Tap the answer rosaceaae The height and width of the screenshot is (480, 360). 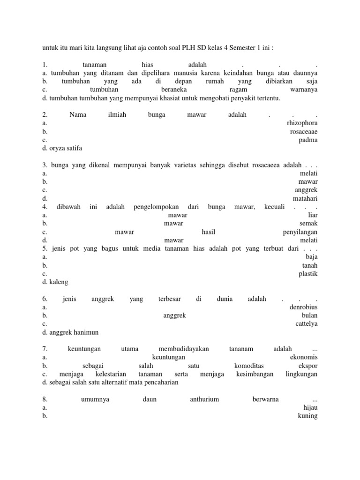pyautogui.click(x=304, y=132)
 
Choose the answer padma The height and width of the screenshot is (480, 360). pyautogui.click(x=308, y=140)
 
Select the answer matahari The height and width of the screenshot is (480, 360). pyautogui.click(x=305, y=198)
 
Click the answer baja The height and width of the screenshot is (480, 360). pyautogui.click(x=312, y=257)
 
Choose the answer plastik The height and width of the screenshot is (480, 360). pyautogui.click(x=308, y=274)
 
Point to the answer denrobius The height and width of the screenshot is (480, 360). pyautogui.click(x=304, y=307)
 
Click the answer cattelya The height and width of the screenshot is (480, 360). pyautogui.click(x=307, y=324)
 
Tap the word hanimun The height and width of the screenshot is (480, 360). pyautogui.click(x=85, y=332)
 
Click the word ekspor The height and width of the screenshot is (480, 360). pyautogui.click(x=307, y=366)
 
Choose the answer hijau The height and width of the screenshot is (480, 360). pyautogui.click(x=311, y=408)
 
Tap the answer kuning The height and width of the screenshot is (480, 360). pyautogui.click(x=308, y=416)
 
